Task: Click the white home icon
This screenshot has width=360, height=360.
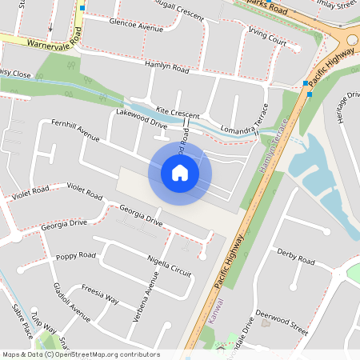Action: click(180, 173)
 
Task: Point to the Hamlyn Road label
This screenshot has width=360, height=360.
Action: click(166, 70)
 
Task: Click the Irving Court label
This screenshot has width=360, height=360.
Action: click(267, 38)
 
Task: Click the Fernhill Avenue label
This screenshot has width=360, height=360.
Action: click(75, 131)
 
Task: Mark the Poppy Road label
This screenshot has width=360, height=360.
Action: click(75, 256)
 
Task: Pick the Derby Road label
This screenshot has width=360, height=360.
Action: click(295, 259)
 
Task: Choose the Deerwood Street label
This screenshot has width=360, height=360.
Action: click(283, 323)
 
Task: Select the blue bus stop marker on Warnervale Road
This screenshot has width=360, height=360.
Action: click(82, 7)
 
